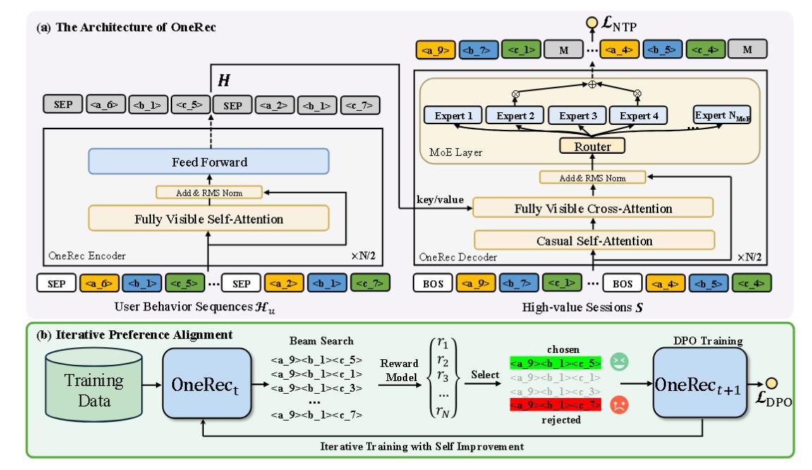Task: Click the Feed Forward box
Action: coord(209,162)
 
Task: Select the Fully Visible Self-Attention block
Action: coord(209,219)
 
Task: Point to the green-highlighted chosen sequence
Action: coord(555,363)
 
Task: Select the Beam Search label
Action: coord(317,341)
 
